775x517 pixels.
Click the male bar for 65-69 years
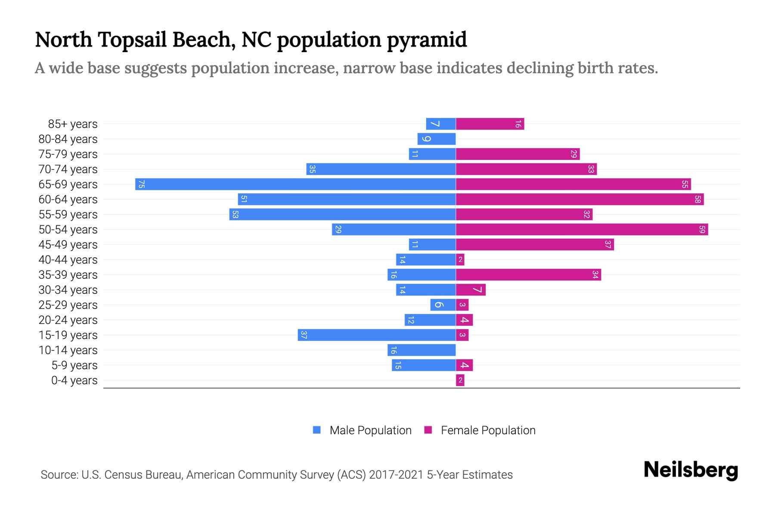click(x=295, y=184)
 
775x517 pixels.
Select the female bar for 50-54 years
click(x=582, y=230)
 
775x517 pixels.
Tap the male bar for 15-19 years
click(x=377, y=335)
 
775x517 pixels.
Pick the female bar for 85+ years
click(x=490, y=124)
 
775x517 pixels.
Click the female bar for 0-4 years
click(x=460, y=380)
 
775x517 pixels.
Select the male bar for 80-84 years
click(x=437, y=139)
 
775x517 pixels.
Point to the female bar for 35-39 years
click(x=528, y=275)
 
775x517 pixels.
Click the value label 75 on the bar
click(x=141, y=184)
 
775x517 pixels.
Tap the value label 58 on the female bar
click(x=697, y=199)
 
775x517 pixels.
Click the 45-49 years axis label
click(x=68, y=245)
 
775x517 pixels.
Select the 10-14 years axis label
click(x=68, y=350)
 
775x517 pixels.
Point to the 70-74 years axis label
click(x=68, y=169)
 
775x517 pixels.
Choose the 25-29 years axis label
click(x=68, y=305)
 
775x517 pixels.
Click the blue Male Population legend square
click(x=317, y=430)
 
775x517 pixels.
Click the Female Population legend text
click(x=488, y=430)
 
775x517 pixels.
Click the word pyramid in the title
click(x=426, y=40)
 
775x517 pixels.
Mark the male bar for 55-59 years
click(x=342, y=215)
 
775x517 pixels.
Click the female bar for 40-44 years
click(x=460, y=260)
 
